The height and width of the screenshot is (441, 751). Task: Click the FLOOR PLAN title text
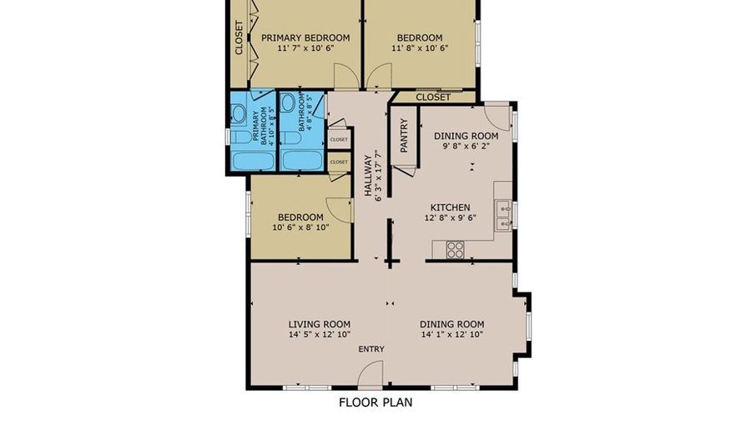pyautogui.click(x=375, y=402)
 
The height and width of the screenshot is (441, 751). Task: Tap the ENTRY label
pyautogui.click(x=371, y=348)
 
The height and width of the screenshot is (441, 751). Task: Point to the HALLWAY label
pyautogui.click(x=367, y=176)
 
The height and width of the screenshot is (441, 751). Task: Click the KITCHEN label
pyautogui.click(x=450, y=208)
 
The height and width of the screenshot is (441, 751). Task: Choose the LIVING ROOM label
pyautogui.click(x=319, y=324)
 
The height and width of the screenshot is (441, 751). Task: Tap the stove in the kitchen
pyautogui.click(x=455, y=248)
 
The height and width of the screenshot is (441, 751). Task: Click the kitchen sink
pyautogui.click(x=503, y=215)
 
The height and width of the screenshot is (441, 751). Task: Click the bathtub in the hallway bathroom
pyautogui.click(x=302, y=161)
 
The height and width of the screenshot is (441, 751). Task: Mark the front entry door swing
pyautogui.click(x=370, y=378)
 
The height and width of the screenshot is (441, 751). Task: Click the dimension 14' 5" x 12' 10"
pyautogui.click(x=319, y=335)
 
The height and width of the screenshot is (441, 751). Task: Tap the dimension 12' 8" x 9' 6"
pyautogui.click(x=450, y=218)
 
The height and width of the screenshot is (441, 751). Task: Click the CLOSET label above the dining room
pyautogui.click(x=433, y=98)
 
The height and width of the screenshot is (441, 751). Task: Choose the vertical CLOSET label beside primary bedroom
pyautogui.click(x=239, y=38)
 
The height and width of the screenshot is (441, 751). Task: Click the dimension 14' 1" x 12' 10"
pyautogui.click(x=451, y=335)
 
